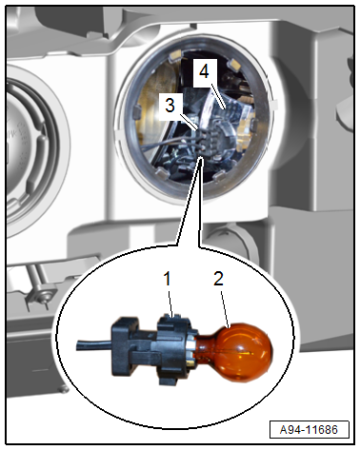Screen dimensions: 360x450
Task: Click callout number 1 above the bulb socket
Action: pos(167,279)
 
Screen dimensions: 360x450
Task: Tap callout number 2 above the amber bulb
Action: pos(218,279)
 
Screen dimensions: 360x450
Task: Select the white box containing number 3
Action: pos(170,106)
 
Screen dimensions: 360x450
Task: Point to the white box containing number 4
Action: pos(205,72)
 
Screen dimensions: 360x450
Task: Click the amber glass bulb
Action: pos(241,351)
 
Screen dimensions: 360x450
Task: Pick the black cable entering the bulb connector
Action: pos(93,345)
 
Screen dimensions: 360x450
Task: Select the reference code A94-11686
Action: pos(309,430)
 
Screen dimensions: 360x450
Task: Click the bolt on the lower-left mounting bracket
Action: pos(43,297)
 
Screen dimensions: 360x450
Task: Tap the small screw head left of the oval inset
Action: pos(63,388)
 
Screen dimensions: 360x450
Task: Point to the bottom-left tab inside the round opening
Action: pos(161,172)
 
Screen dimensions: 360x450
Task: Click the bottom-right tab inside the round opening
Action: pos(219,176)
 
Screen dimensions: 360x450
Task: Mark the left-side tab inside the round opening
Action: pos(137,111)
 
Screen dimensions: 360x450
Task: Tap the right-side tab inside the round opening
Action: pos(254,125)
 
